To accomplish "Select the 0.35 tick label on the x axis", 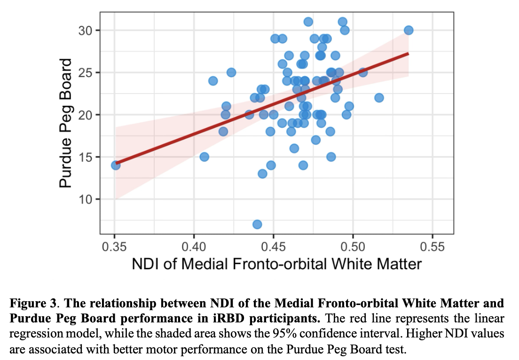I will pos(114,246).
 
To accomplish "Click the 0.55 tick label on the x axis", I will pos(432,246).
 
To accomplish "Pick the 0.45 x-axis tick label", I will pos(273,246).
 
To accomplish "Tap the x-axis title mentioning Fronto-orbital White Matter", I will pos(276,264).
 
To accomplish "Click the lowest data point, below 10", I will pos(257,225).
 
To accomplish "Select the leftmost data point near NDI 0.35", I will pos(116,165).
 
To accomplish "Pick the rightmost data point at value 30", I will pos(409,30).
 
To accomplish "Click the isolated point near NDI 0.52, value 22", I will pos(379,98).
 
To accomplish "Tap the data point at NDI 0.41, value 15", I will pos(204,157).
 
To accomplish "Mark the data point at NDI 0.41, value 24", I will pos(213,81).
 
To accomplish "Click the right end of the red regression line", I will pos(408,54).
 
